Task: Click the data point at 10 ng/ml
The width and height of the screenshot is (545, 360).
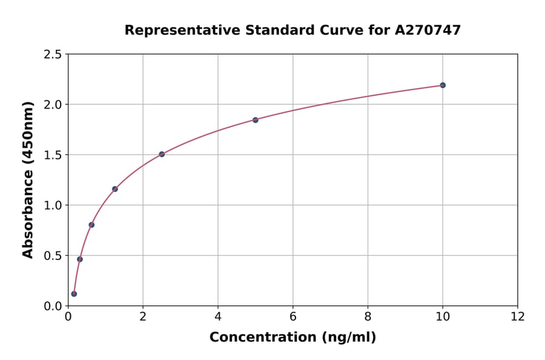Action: tap(443, 85)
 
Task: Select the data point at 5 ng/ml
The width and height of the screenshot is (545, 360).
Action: tap(256, 120)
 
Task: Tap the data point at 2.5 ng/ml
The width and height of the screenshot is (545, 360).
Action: tap(162, 154)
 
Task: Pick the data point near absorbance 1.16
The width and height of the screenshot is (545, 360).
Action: tap(115, 189)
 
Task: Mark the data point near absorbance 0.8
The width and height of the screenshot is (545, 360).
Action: tap(91, 225)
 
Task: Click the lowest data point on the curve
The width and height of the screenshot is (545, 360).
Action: tap(74, 294)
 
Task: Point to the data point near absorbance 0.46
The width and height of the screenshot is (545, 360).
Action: tap(80, 259)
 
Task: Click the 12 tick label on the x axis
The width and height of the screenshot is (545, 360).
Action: tap(518, 317)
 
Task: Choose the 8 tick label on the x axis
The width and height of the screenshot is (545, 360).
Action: tap(368, 317)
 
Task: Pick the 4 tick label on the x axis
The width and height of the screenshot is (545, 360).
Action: tap(218, 317)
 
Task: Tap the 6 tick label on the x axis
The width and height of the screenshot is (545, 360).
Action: tap(293, 317)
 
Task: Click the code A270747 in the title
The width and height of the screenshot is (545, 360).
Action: tap(428, 30)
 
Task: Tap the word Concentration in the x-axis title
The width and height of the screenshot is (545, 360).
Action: tap(254, 338)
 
